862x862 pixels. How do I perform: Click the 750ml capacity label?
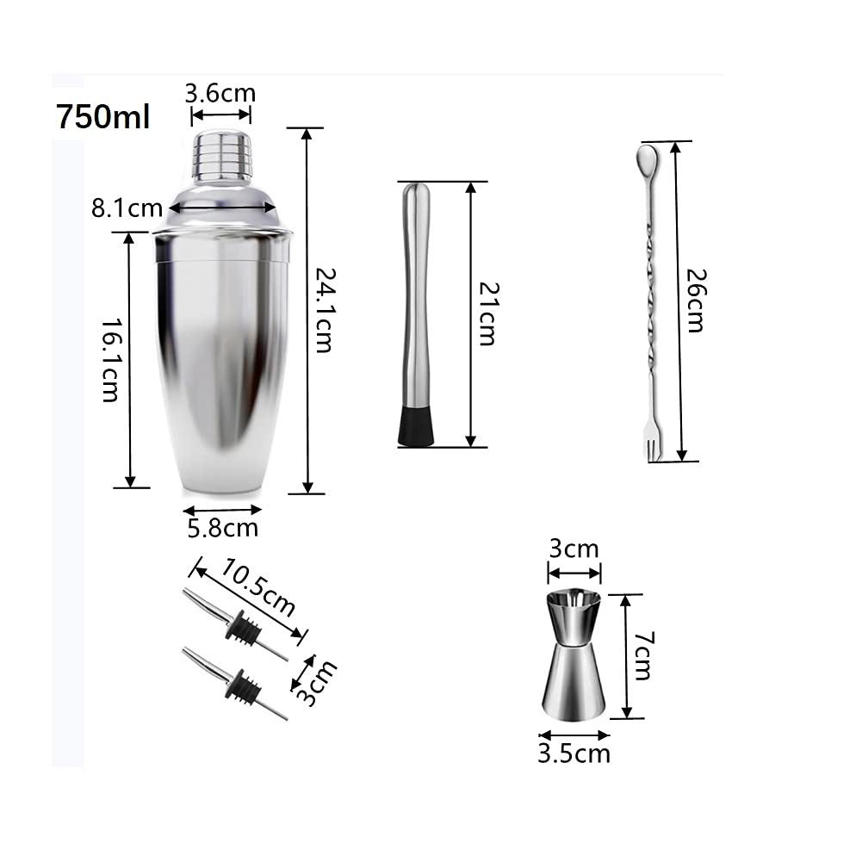tap(102, 116)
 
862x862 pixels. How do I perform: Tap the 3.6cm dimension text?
tap(220, 93)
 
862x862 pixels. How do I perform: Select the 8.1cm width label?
tap(127, 208)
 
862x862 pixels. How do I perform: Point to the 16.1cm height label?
tap(110, 360)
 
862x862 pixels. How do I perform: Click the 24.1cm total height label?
tap(325, 310)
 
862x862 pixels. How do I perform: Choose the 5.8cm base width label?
tap(223, 528)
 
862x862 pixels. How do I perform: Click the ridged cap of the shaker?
tap(222, 154)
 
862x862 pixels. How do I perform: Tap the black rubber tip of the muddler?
tap(416, 425)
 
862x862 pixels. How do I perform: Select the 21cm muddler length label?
tap(487, 314)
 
